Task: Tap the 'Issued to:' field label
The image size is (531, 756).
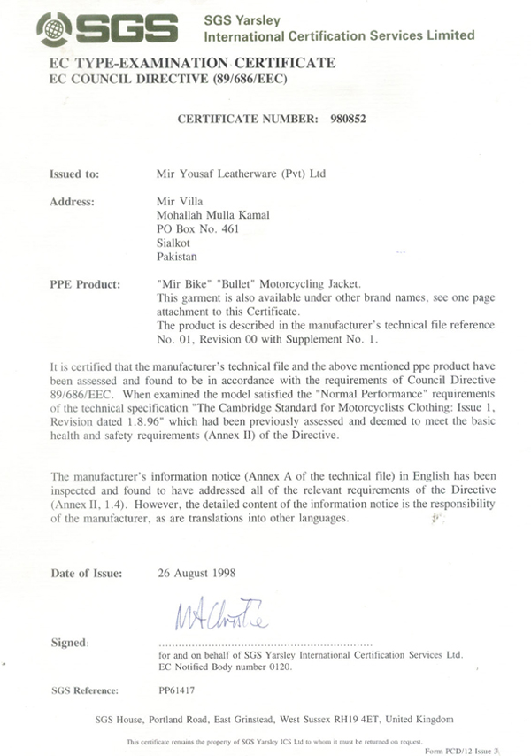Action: point(75,174)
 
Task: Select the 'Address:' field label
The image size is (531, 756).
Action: point(73,201)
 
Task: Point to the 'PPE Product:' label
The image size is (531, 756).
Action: point(86,285)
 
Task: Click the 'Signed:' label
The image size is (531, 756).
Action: point(72,639)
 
